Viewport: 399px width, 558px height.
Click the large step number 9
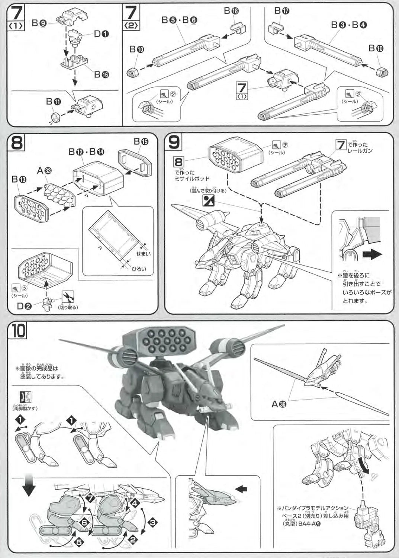(175, 143)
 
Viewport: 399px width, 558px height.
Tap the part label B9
(38, 23)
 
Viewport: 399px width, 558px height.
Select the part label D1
(101, 34)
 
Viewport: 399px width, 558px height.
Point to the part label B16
(101, 74)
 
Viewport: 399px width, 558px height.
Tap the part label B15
(141, 141)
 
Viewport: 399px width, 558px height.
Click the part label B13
(19, 180)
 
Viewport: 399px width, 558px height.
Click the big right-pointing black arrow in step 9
(372, 255)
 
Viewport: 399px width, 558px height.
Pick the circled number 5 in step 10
(80, 542)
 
